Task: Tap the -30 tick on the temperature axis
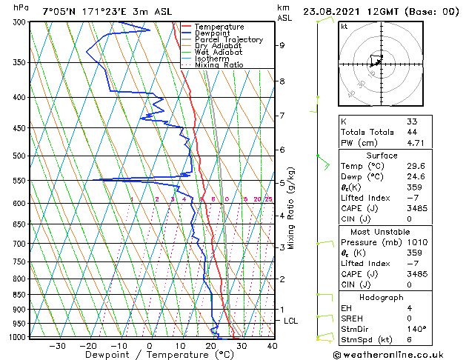[x=57, y=345]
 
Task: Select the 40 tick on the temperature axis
[x=272, y=345]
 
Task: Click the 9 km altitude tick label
[x=282, y=45]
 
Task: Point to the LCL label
[x=290, y=321]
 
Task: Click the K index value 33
[x=411, y=121]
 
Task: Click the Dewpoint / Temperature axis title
[x=148, y=355]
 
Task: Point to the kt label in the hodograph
[x=344, y=27]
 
